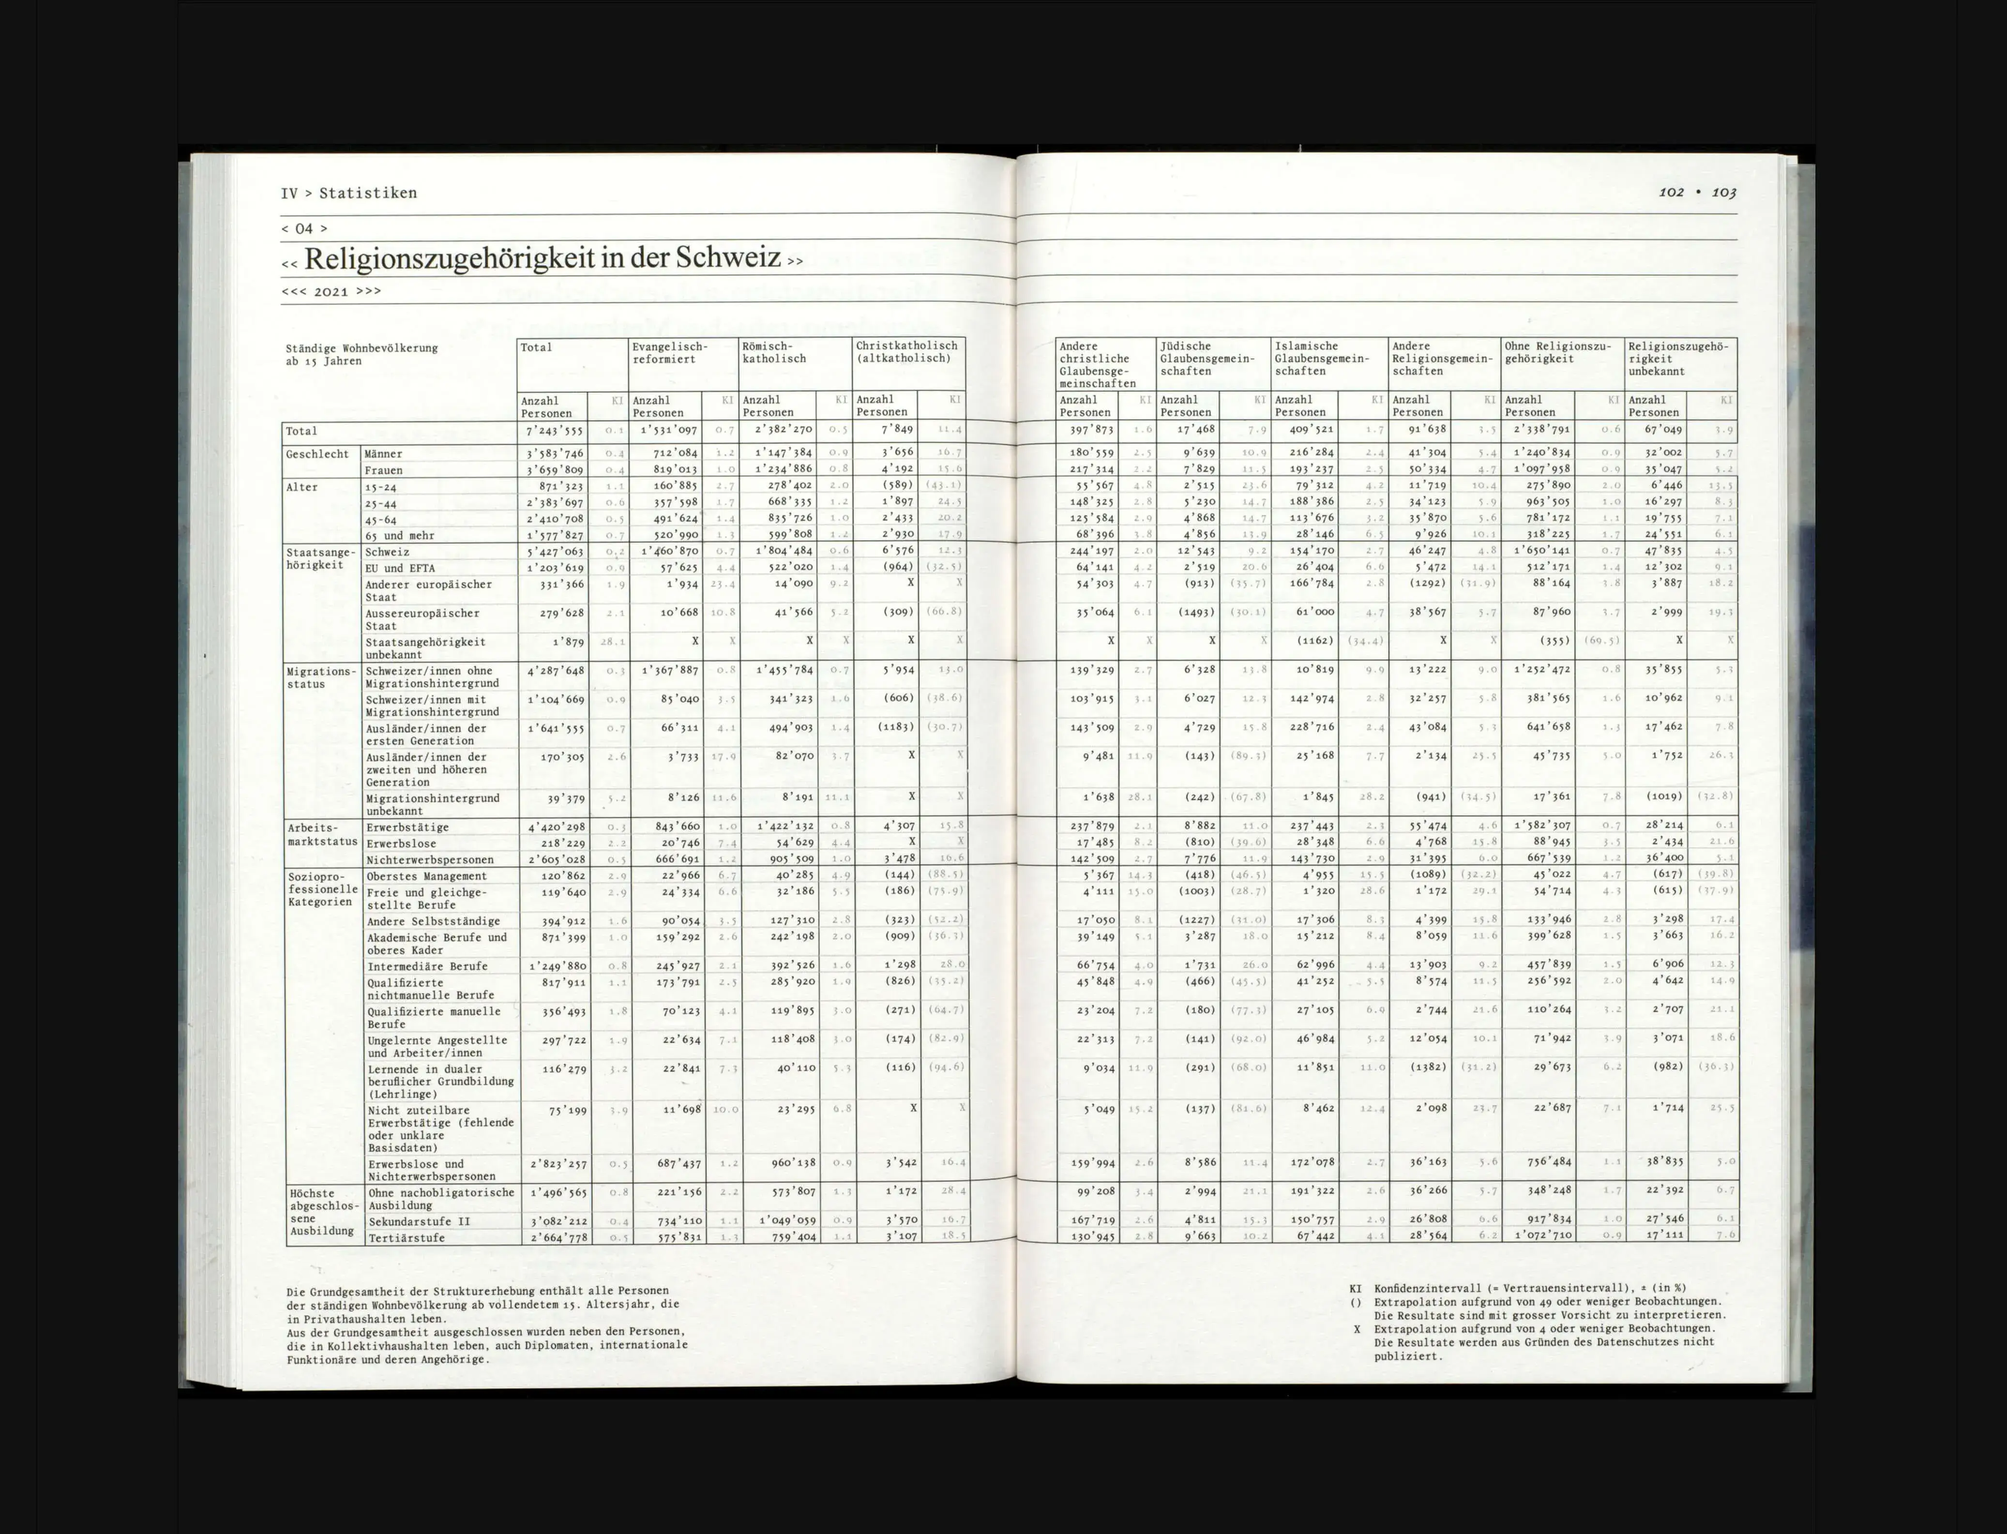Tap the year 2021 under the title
[x=331, y=291]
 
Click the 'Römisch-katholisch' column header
[x=774, y=352]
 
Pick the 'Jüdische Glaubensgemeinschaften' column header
[x=1207, y=359]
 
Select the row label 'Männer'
[x=383, y=454]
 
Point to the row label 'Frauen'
[x=383, y=470]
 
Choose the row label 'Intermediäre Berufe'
[x=427, y=966]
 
